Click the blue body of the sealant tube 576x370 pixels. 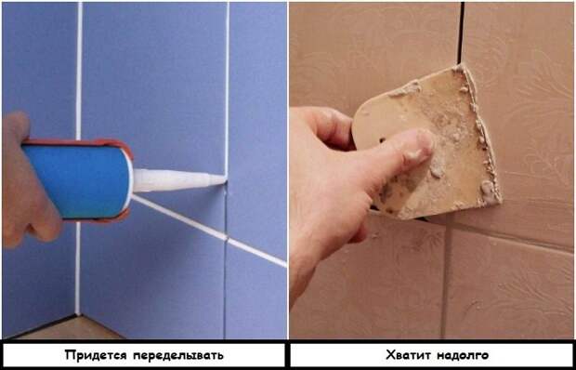tap(74, 181)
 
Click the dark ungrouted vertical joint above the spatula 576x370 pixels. tap(460, 33)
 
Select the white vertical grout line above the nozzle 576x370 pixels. tap(227, 84)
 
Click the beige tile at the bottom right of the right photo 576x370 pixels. tap(511, 288)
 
